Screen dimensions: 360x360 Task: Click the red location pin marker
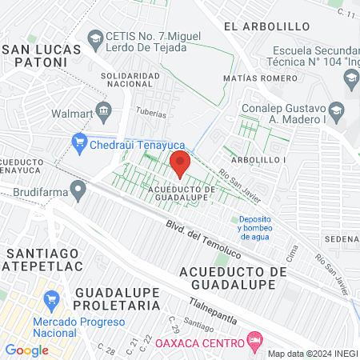click(x=179, y=163)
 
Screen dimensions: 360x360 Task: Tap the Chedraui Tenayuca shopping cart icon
click(x=78, y=143)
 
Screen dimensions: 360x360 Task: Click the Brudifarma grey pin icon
click(x=78, y=191)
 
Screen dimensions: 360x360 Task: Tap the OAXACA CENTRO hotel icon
click(x=255, y=342)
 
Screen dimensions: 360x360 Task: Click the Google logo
click(x=26, y=350)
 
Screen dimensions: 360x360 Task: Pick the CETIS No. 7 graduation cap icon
click(x=96, y=38)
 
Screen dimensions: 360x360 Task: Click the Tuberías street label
click(x=151, y=113)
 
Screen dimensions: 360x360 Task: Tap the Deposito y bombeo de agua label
click(x=254, y=228)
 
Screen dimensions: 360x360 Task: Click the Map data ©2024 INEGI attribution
click(x=312, y=353)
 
